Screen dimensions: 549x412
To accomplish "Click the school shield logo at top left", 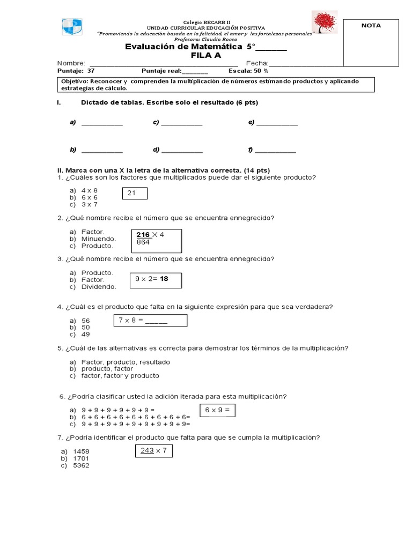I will tap(71, 26).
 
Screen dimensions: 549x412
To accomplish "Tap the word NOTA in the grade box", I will tap(371, 25).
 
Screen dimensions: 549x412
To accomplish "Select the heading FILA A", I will tap(205, 55).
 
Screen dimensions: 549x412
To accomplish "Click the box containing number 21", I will tap(135, 193).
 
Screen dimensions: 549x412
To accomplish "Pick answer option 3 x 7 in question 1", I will tap(90, 204).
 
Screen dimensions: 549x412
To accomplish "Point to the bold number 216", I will tap(143, 235).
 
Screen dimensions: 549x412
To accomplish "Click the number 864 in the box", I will tap(143, 242).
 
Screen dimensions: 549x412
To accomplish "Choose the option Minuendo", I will tap(98, 239).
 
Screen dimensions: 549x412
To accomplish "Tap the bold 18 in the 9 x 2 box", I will tap(164, 279).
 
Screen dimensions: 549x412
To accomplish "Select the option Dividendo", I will tap(99, 287).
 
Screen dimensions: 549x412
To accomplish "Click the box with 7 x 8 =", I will tap(150, 320).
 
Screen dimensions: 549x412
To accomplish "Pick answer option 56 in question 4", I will tap(86, 320).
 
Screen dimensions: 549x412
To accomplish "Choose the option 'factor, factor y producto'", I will tap(120, 376).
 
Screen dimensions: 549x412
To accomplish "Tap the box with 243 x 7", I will tap(153, 451).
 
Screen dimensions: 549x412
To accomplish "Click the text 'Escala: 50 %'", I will tap(248, 70).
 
